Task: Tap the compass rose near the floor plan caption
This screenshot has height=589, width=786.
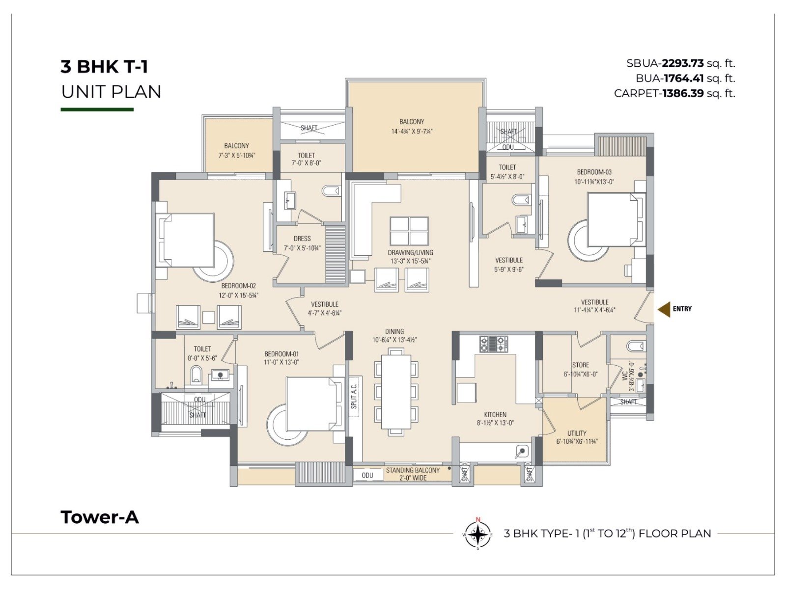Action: (x=477, y=535)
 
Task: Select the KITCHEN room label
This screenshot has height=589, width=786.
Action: (x=495, y=414)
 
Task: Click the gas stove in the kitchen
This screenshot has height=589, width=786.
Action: (x=493, y=344)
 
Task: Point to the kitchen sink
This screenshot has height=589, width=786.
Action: (x=522, y=452)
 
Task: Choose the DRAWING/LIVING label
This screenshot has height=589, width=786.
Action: (x=410, y=252)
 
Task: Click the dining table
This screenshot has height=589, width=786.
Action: (x=396, y=392)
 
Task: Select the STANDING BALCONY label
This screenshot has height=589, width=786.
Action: (x=413, y=470)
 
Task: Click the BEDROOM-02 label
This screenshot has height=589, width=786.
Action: (x=238, y=286)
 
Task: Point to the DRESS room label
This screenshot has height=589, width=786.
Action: (x=302, y=239)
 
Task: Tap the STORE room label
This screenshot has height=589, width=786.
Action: (x=581, y=365)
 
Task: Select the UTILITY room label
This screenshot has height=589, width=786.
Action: (x=577, y=433)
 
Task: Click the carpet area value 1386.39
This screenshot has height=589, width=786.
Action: (x=683, y=93)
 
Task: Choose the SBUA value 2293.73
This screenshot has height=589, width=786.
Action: (x=682, y=63)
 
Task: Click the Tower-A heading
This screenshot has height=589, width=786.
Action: (x=100, y=517)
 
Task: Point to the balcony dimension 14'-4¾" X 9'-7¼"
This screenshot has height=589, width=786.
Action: (x=412, y=131)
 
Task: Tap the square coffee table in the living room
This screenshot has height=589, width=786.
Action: (x=409, y=231)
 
